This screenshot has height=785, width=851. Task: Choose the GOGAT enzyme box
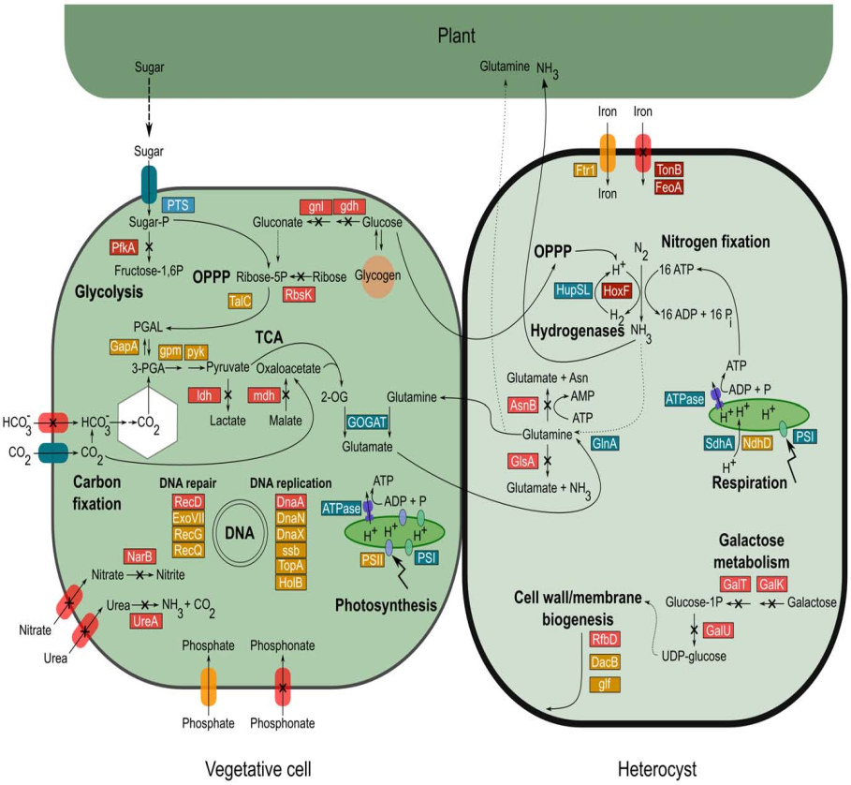tap(367, 422)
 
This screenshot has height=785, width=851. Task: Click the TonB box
tap(668, 170)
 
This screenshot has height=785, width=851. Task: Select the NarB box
tap(139, 556)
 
